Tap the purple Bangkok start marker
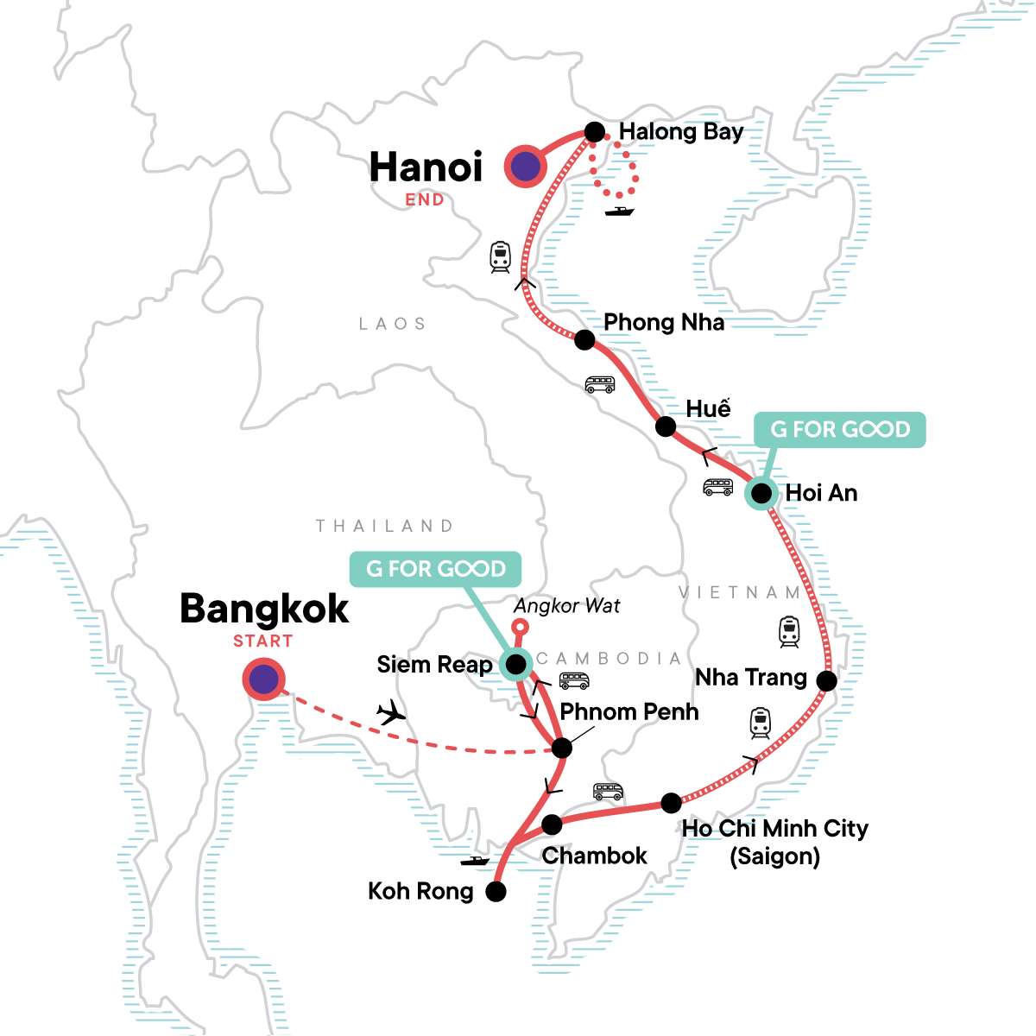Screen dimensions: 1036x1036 pyautogui.click(x=263, y=680)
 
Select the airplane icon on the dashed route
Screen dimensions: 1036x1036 pyautogui.click(x=391, y=712)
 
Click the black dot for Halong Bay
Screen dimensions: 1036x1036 pyautogui.click(x=595, y=132)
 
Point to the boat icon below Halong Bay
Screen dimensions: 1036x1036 pyautogui.click(x=620, y=210)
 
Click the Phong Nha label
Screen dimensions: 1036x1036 pyautogui.click(x=663, y=323)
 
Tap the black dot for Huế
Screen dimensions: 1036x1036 pyautogui.click(x=666, y=426)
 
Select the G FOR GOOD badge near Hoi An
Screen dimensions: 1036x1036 pyautogui.click(x=840, y=429)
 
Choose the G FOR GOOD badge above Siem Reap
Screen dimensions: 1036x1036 pyautogui.click(x=435, y=569)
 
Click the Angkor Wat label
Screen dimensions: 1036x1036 pyautogui.click(x=566, y=606)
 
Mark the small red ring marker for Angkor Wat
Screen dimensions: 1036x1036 pyautogui.click(x=520, y=628)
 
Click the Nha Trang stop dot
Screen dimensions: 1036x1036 pyautogui.click(x=826, y=681)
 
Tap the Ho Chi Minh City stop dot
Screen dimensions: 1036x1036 pyautogui.click(x=671, y=803)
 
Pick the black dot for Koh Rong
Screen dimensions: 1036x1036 pyautogui.click(x=496, y=892)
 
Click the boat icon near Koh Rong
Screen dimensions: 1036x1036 pyautogui.click(x=474, y=860)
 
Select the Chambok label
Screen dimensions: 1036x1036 pyautogui.click(x=594, y=856)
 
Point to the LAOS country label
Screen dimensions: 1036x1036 pyautogui.click(x=393, y=324)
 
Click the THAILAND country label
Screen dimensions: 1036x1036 pyautogui.click(x=384, y=526)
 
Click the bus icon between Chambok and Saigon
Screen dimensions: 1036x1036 pyautogui.click(x=608, y=791)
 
